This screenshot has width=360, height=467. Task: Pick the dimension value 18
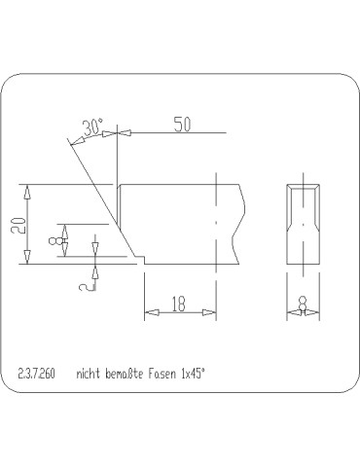(179, 305)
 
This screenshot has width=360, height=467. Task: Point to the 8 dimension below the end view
(304, 305)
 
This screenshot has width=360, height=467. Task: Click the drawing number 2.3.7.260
(37, 373)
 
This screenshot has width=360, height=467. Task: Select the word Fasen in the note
(170, 373)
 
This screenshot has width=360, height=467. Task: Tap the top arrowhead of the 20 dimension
(28, 189)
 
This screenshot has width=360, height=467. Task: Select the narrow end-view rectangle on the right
(304, 224)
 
